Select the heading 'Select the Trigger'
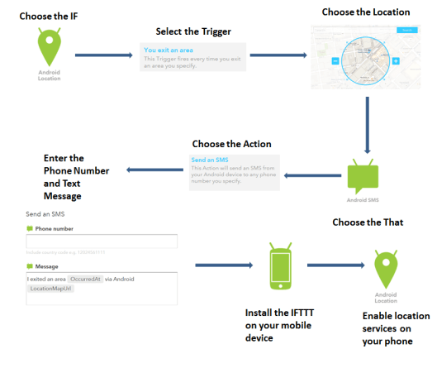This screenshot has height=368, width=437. (x=192, y=31)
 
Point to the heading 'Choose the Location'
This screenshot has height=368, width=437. (x=366, y=12)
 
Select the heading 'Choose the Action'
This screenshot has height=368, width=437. (x=231, y=144)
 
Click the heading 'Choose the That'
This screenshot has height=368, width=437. (x=372, y=222)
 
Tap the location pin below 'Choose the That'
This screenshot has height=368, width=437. (x=386, y=267)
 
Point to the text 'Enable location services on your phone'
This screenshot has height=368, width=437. (x=388, y=327)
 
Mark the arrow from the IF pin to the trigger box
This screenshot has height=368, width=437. (x=103, y=55)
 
